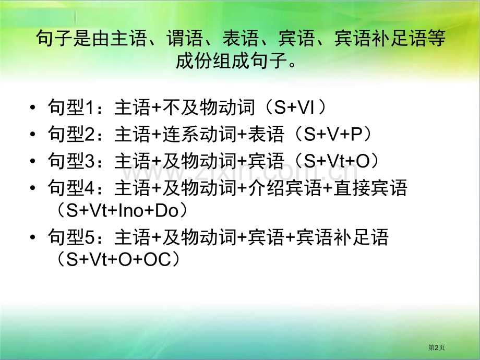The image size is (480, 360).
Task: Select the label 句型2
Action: pos(69,135)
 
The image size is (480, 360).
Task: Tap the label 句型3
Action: pos(69,161)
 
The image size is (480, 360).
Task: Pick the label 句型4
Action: pos(69,188)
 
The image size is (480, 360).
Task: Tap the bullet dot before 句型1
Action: pos(34,109)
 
